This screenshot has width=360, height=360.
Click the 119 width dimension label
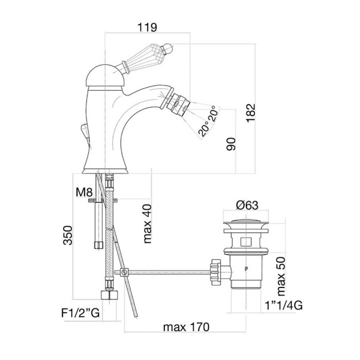(147, 28)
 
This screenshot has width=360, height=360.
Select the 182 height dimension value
(251, 113)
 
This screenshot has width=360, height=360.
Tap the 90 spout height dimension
(231, 144)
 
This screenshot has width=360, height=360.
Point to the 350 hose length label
(68, 235)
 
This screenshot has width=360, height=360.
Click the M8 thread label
(84, 192)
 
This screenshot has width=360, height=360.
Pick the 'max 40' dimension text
(147, 224)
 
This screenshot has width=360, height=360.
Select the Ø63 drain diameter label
(247, 205)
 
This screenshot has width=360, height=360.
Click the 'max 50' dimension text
(281, 277)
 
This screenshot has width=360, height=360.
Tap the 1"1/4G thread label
(284, 305)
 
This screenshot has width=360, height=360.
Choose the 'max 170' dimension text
(186, 327)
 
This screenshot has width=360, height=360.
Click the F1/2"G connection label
(80, 313)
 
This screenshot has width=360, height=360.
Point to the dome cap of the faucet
(106, 76)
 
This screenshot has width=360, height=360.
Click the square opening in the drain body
(245, 242)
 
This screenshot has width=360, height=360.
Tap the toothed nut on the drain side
(215, 272)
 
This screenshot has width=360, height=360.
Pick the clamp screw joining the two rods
(124, 272)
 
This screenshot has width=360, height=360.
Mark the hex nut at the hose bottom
(110, 295)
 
